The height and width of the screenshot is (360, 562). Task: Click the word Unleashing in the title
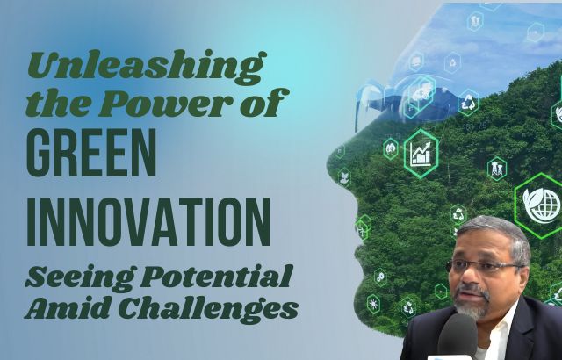(x=147, y=67)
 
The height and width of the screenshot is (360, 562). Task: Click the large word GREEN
(x=91, y=153)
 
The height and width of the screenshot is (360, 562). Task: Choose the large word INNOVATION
(x=148, y=222)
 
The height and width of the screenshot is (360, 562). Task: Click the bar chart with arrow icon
(x=421, y=154)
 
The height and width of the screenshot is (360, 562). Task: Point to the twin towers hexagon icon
(x=497, y=169)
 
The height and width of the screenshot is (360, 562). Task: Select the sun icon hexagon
(x=373, y=305)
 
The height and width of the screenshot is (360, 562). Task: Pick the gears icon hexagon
(x=380, y=277)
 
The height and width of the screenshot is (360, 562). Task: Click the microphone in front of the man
(x=458, y=335)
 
